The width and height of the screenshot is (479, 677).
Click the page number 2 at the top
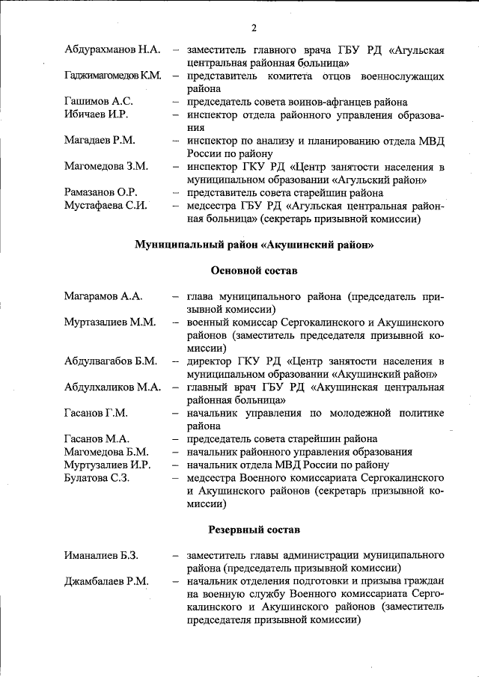254,28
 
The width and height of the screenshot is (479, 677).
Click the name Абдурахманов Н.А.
112,50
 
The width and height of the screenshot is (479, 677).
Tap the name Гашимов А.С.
99,102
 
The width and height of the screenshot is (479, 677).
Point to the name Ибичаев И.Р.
97,115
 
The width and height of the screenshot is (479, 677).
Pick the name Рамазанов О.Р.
101,192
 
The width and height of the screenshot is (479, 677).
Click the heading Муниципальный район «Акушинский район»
254,245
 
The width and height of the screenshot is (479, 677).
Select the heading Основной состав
254,271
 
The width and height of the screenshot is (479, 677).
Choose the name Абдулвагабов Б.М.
110,361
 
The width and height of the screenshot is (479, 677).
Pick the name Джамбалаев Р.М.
106,581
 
